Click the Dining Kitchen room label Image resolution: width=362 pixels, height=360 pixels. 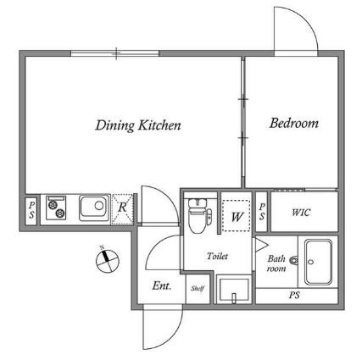pyautogui.click(x=138, y=125)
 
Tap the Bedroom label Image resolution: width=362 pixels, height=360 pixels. pyautogui.click(x=294, y=123)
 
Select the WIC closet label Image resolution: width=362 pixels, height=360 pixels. pyautogui.click(x=301, y=213)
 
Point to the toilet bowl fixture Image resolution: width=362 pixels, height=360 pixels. pyautogui.click(x=199, y=215)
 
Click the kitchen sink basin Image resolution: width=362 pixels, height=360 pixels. pyautogui.click(x=94, y=208)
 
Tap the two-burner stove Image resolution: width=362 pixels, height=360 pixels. pyautogui.click(x=56, y=208)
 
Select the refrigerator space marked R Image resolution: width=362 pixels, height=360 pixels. pyautogui.click(x=122, y=209)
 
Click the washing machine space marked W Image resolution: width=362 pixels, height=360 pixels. pyautogui.click(x=237, y=215)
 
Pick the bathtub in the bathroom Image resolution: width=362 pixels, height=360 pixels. pyautogui.click(x=318, y=263)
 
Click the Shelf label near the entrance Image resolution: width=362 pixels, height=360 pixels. pyautogui.click(x=198, y=288)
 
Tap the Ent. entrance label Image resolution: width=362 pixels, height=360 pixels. pyautogui.click(x=162, y=285)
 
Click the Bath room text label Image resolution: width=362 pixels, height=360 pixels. pyautogui.click(x=276, y=263)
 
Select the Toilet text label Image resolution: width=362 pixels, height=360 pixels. pyautogui.click(x=217, y=256)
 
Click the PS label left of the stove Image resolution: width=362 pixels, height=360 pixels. pyautogui.click(x=31, y=210)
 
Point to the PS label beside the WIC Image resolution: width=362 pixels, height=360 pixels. pyautogui.click(x=262, y=212)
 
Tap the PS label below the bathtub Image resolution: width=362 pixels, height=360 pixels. pyautogui.click(x=294, y=296)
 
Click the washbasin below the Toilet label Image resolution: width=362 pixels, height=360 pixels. pyautogui.click(x=234, y=291)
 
